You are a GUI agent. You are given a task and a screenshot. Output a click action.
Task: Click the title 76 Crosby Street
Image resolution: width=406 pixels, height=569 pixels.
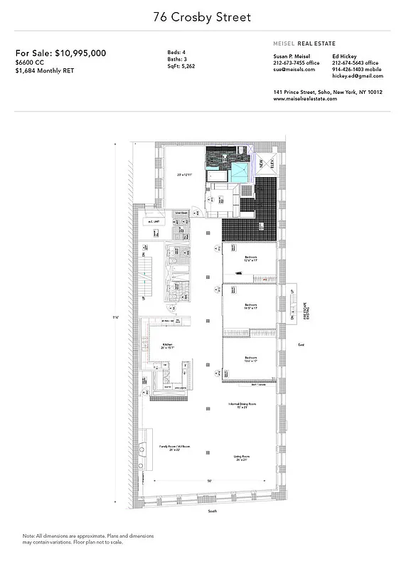pos(203,16)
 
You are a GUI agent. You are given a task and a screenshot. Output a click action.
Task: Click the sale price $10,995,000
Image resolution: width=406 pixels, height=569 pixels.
pos(61,53)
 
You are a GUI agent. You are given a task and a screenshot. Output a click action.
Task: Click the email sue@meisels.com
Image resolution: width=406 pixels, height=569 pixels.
pos(294,70)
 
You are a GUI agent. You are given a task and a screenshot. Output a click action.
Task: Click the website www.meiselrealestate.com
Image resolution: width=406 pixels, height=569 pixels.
pos(305,99)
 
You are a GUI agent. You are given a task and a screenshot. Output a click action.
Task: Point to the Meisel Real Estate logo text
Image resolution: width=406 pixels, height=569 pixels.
pos(304,43)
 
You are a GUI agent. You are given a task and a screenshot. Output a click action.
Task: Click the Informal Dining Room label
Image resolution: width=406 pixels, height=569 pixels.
pos(242,405)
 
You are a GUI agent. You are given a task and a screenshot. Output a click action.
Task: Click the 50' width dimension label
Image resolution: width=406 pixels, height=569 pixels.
pos(210,482)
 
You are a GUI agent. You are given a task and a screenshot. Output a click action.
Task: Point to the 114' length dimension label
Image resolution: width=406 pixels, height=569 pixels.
pos(114,317)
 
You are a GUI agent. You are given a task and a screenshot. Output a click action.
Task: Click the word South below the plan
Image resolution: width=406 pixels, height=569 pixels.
pos(211,511)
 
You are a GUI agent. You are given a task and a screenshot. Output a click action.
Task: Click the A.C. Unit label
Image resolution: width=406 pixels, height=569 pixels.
pos(151,221)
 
